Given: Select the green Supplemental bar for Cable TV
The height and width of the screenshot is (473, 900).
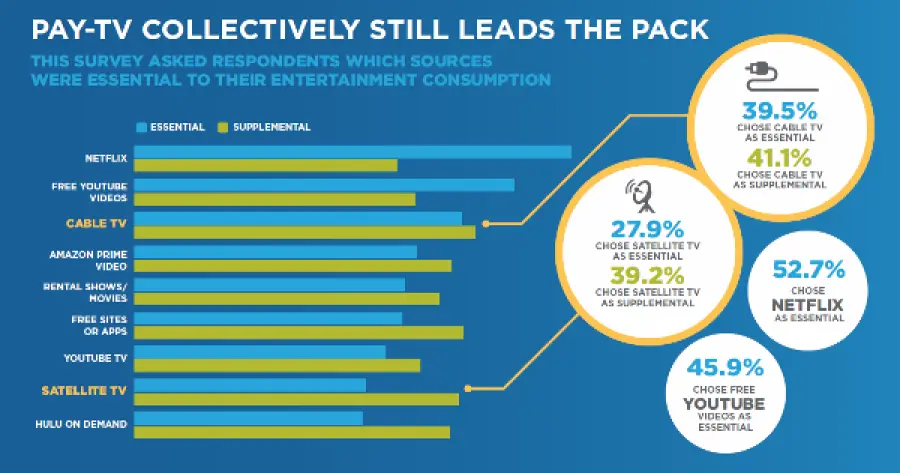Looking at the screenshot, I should (x=304, y=232).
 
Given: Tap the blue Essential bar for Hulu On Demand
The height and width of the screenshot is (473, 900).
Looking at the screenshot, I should (x=248, y=418).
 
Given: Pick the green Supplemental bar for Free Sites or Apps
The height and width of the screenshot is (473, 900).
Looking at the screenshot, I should (x=298, y=332).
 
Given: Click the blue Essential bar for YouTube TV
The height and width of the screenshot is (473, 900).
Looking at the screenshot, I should (x=259, y=352).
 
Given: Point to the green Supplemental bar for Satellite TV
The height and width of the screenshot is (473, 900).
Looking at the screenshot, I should (x=296, y=399).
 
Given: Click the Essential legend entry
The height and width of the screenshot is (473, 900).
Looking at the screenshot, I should (x=171, y=127).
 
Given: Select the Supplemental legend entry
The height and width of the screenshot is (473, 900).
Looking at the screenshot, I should (x=266, y=127).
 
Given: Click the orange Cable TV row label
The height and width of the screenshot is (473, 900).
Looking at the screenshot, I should (x=96, y=225).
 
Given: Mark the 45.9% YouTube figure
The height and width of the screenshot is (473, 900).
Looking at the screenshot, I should (x=723, y=367).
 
